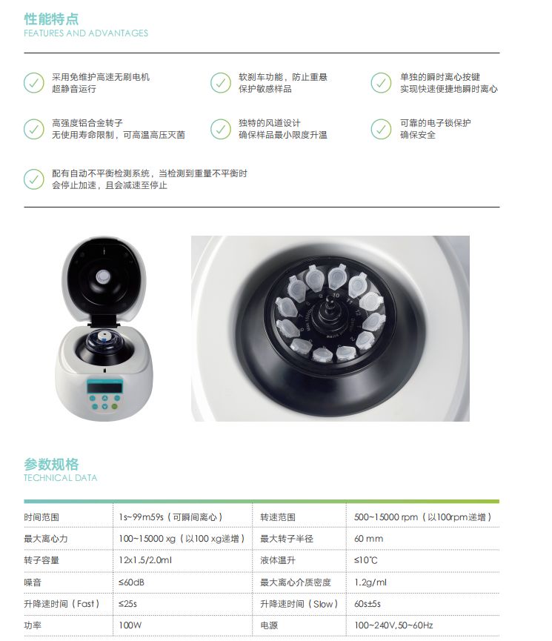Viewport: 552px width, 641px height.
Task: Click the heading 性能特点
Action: pos(51,19)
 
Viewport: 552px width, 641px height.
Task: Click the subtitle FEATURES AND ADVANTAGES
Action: pos(86,33)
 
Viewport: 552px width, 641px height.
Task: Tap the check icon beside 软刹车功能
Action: pos(220,82)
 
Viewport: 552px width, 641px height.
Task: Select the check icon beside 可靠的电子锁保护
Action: pos(381,129)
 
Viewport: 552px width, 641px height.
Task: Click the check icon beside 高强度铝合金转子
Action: pos(34,129)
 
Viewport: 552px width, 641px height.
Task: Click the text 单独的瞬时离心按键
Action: pos(439,77)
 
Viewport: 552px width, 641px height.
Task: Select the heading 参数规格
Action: pos(51,465)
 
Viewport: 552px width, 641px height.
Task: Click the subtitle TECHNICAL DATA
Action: pos(60,478)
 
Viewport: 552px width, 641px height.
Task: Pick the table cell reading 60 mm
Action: pos(368,539)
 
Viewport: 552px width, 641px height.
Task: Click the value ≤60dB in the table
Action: pos(130,582)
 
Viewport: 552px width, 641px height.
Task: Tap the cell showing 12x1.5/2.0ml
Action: pos(145,560)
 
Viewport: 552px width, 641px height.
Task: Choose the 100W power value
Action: pos(130,625)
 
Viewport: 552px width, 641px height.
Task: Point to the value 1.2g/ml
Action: pos(370,582)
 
